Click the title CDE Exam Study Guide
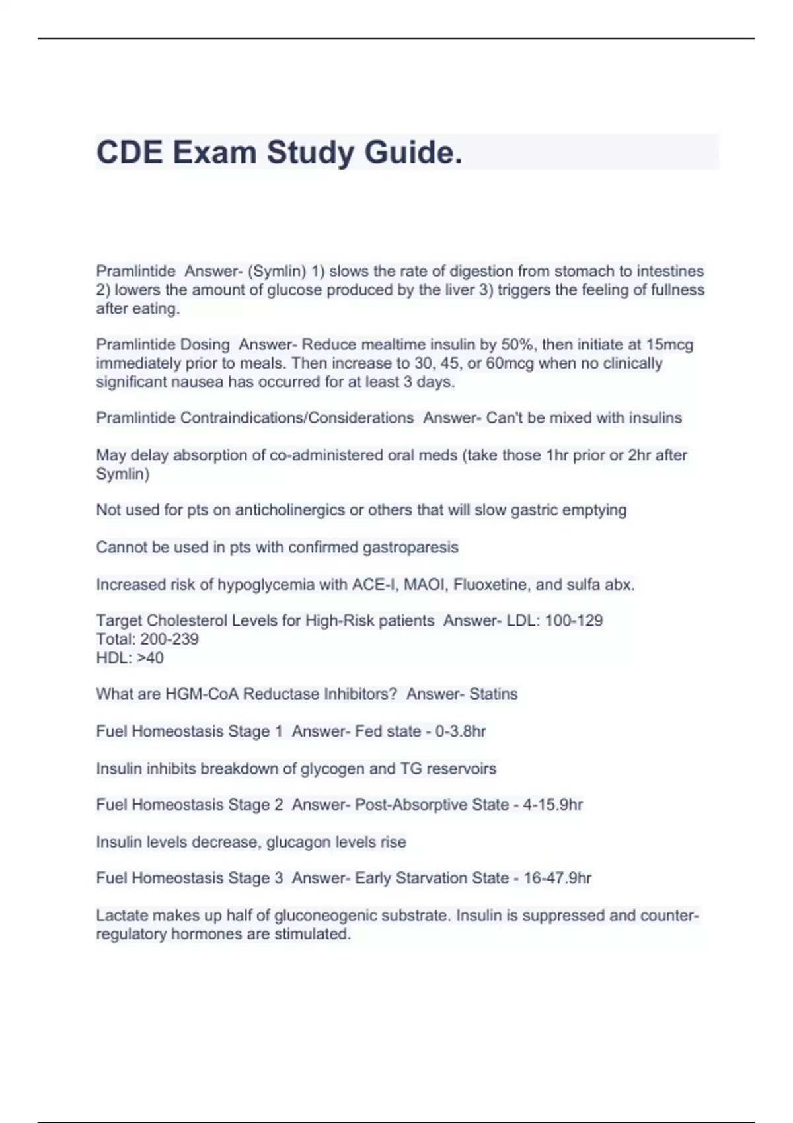[279, 153]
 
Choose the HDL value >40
[150, 658]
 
